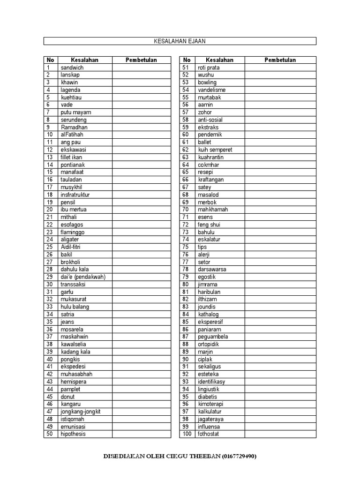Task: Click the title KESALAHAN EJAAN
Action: (180, 41)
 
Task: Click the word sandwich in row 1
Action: (72, 67)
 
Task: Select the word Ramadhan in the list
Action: (74, 127)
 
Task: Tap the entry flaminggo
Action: (73, 232)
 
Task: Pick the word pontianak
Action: (73, 165)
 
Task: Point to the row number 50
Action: (49, 434)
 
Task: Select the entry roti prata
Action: (209, 67)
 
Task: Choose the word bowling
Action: (207, 82)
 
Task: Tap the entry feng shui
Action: (209, 225)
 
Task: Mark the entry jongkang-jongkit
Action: (81, 412)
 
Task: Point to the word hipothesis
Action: (73, 434)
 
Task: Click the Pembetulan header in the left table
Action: (142, 60)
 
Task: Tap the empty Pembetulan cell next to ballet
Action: (280, 142)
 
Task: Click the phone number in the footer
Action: (240, 456)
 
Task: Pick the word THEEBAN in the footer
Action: (202, 456)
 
